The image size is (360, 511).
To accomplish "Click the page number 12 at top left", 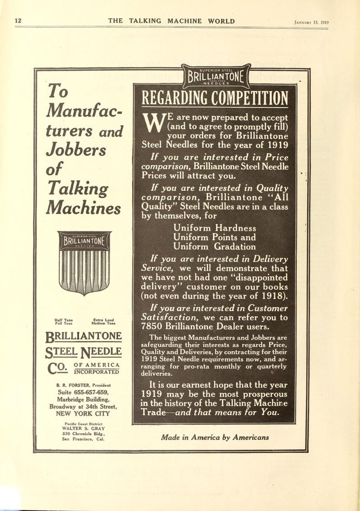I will [x=18, y=21].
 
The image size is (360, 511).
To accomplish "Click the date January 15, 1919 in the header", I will [x=311, y=23].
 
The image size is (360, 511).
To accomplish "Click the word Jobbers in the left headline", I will [x=77, y=150].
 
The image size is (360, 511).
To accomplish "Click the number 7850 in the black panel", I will [x=154, y=326].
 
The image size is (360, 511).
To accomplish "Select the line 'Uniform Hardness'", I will [x=215, y=228].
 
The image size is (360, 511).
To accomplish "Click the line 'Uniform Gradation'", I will [x=215, y=247].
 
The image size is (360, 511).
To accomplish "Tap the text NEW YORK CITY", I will [x=83, y=414].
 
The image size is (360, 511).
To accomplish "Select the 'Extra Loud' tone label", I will [x=103, y=319].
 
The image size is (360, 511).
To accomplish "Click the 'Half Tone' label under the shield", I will [x=64, y=319].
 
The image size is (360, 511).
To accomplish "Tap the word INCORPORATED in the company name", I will [x=97, y=372].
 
